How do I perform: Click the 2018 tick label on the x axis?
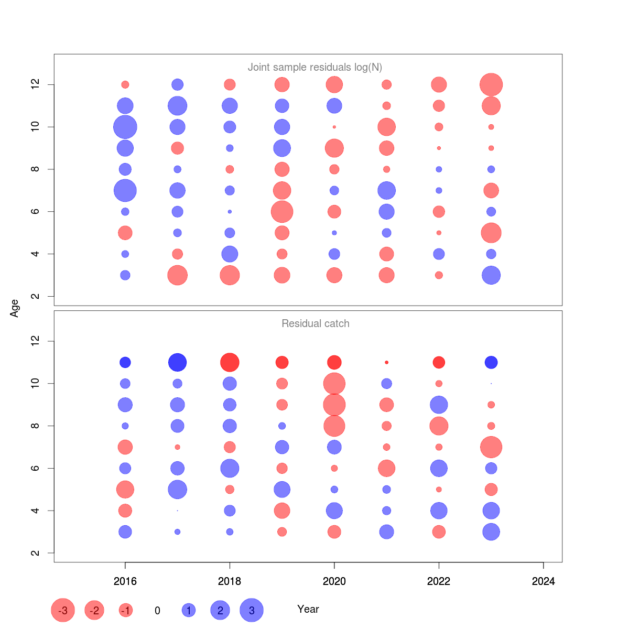point(230,581)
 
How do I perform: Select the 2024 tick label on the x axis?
point(544,581)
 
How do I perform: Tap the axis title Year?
point(308,609)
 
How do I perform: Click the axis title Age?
point(15,308)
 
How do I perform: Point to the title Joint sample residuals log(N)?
point(315,67)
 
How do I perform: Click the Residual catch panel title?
point(316,323)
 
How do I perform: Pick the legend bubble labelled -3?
point(63,610)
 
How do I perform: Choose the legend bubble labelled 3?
point(252,610)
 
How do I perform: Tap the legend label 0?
point(157,611)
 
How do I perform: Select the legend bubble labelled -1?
point(126,610)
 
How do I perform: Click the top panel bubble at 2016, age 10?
point(125,127)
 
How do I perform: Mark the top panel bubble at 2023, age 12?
point(491,84)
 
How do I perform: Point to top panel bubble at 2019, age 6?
point(282,212)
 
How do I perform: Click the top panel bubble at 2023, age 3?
point(491,275)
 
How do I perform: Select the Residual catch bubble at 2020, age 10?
point(334,384)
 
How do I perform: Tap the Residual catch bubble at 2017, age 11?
point(178,362)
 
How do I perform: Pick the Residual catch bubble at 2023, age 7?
point(491,447)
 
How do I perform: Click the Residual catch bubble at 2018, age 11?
point(230,362)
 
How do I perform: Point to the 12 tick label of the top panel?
point(36,84)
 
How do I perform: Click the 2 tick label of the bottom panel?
point(36,553)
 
